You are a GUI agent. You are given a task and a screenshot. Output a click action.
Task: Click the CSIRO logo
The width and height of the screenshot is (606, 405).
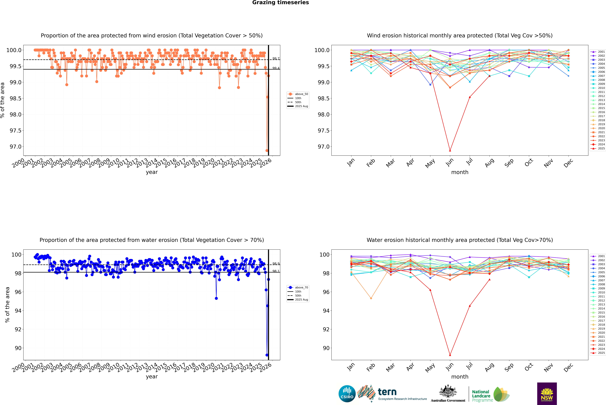pos(347,394)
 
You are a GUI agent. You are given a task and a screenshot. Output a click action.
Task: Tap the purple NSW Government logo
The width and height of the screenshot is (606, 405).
pos(547,394)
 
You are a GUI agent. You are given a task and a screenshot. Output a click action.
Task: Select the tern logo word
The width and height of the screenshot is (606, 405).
pos(387,392)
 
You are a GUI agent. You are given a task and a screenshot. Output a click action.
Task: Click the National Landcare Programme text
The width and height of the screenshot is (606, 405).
pos(481,396)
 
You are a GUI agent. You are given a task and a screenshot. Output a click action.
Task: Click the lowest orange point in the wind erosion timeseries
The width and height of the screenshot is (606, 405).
pos(267,151)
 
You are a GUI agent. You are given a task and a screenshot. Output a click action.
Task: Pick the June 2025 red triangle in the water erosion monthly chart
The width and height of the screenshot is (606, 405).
pos(450,355)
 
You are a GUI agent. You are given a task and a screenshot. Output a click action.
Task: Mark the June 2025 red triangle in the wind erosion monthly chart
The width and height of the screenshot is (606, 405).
pos(450,151)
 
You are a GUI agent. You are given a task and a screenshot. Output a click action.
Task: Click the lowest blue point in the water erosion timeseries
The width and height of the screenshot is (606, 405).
pos(267,355)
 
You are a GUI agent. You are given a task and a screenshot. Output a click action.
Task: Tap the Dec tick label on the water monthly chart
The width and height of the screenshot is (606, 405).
pos(568,367)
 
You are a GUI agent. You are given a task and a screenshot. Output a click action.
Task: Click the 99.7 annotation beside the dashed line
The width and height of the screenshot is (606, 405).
pos(276,59)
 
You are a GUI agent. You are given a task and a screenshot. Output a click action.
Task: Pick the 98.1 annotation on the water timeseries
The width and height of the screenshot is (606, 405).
pos(276,271)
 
